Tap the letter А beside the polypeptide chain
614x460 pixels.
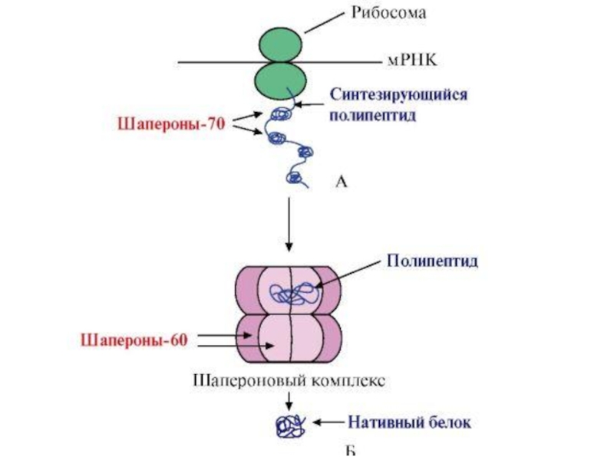(342, 181)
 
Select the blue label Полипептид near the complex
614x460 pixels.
(431, 261)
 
